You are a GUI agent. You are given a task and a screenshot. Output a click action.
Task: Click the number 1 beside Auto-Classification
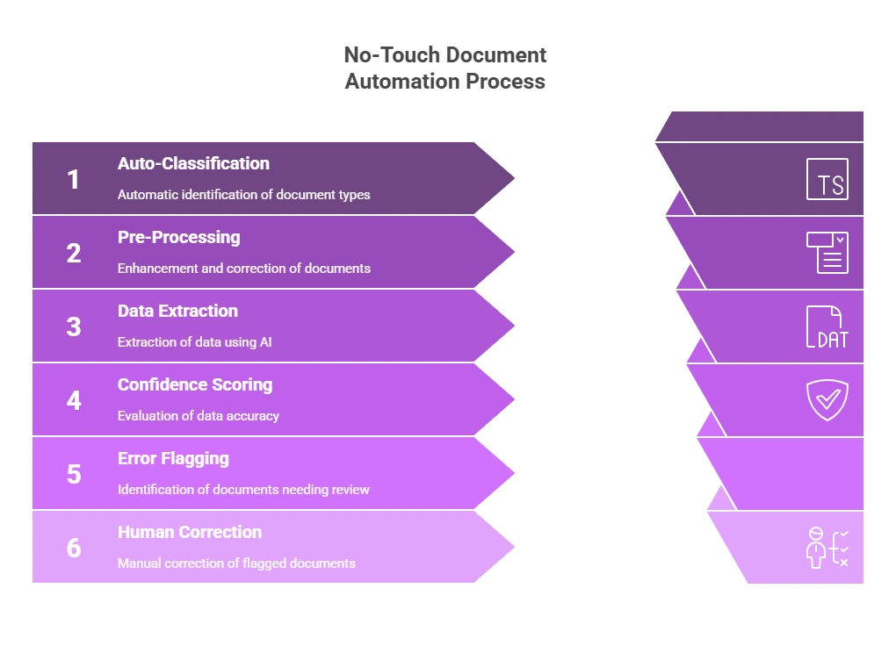coord(73,180)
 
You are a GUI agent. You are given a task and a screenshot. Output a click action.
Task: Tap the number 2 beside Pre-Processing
coord(74,254)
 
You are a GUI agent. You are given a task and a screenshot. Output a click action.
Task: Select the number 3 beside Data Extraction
coord(74,327)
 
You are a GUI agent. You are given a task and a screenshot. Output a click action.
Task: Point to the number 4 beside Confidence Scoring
coord(74,401)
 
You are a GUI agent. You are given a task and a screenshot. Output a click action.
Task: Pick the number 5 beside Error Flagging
coord(74,475)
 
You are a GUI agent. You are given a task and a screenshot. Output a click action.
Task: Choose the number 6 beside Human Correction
coord(74,549)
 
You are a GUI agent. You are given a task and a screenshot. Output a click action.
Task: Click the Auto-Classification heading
coord(193,163)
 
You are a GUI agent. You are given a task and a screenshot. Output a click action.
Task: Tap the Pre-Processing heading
coord(178,237)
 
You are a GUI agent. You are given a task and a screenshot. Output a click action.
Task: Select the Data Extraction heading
coord(177,311)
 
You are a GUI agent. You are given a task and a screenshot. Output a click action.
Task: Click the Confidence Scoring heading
coord(195,384)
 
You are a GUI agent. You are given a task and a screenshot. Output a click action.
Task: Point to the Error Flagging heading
coord(173,458)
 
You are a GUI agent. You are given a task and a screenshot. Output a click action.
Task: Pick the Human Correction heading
coord(190,532)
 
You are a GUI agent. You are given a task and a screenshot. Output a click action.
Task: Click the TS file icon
coord(827,180)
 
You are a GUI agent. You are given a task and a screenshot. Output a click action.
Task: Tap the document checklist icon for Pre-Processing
coord(827,253)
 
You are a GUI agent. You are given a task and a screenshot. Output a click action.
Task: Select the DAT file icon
coord(827,327)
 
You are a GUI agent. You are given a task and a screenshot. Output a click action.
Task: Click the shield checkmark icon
coord(827,400)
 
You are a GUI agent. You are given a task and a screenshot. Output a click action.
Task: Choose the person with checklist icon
coord(827,548)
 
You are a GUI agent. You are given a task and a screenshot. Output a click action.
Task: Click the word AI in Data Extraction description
coord(265,341)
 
